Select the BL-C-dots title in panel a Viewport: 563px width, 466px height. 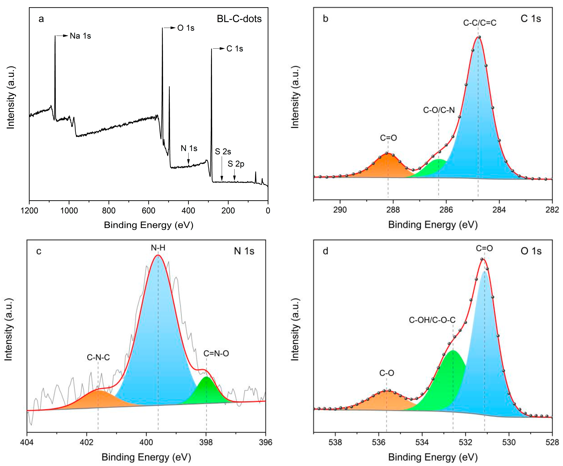[x=239, y=19]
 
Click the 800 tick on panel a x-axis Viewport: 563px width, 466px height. [x=109, y=211]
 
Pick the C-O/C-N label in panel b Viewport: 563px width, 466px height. [x=439, y=110]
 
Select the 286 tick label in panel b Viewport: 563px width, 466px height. [x=446, y=210]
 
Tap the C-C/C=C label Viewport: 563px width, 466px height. [x=480, y=23]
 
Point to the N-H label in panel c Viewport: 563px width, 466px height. [x=158, y=248]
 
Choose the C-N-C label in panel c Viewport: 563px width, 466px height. [x=98, y=357]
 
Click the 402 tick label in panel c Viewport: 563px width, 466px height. [x=86, y=442]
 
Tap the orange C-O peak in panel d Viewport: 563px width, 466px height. [x=385, y=401]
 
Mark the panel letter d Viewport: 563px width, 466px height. [x=326, y=251]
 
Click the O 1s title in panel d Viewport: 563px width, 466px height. [x=531, y=251]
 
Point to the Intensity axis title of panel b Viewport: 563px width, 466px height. [x=295, y=97]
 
